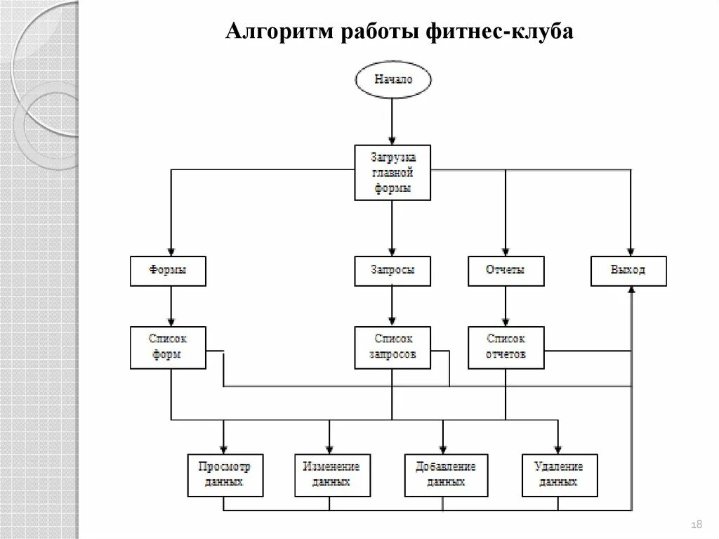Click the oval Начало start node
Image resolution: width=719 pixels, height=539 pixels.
393,80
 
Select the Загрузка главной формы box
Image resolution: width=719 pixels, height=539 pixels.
393,172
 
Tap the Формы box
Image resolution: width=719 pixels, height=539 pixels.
169,271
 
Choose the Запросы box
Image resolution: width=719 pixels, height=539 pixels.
393,271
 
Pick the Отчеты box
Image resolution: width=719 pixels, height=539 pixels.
505,271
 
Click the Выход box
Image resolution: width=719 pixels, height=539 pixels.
628,271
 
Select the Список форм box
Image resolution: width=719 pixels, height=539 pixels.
169,347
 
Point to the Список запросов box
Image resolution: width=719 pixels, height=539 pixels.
393,347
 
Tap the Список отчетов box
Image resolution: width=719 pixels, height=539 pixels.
505,347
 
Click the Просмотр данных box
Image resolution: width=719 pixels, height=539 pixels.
224,475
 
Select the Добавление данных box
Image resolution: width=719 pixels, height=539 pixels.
445,475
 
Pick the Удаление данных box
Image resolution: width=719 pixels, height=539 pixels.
559,475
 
